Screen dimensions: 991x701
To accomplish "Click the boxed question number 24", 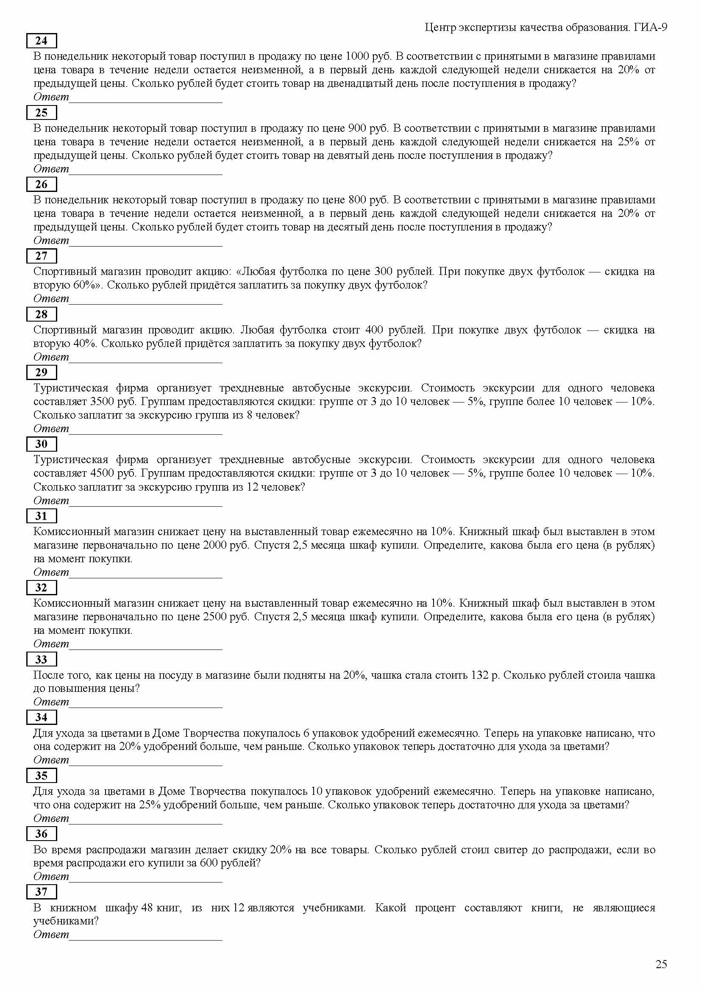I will tap(42, 41).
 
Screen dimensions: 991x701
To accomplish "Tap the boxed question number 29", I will tap(42, 372).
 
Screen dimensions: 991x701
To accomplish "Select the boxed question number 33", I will tap(42, 659).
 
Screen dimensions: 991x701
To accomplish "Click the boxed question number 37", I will tap(42, 891).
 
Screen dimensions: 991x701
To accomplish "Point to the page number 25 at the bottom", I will tap(661, 964).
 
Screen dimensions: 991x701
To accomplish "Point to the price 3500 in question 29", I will tap(102, 402).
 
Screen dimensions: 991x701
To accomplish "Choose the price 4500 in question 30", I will tap(102, 474).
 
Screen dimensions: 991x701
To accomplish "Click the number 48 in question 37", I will tap(147, 908).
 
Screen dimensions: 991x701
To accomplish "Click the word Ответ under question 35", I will tap(51, 819).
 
